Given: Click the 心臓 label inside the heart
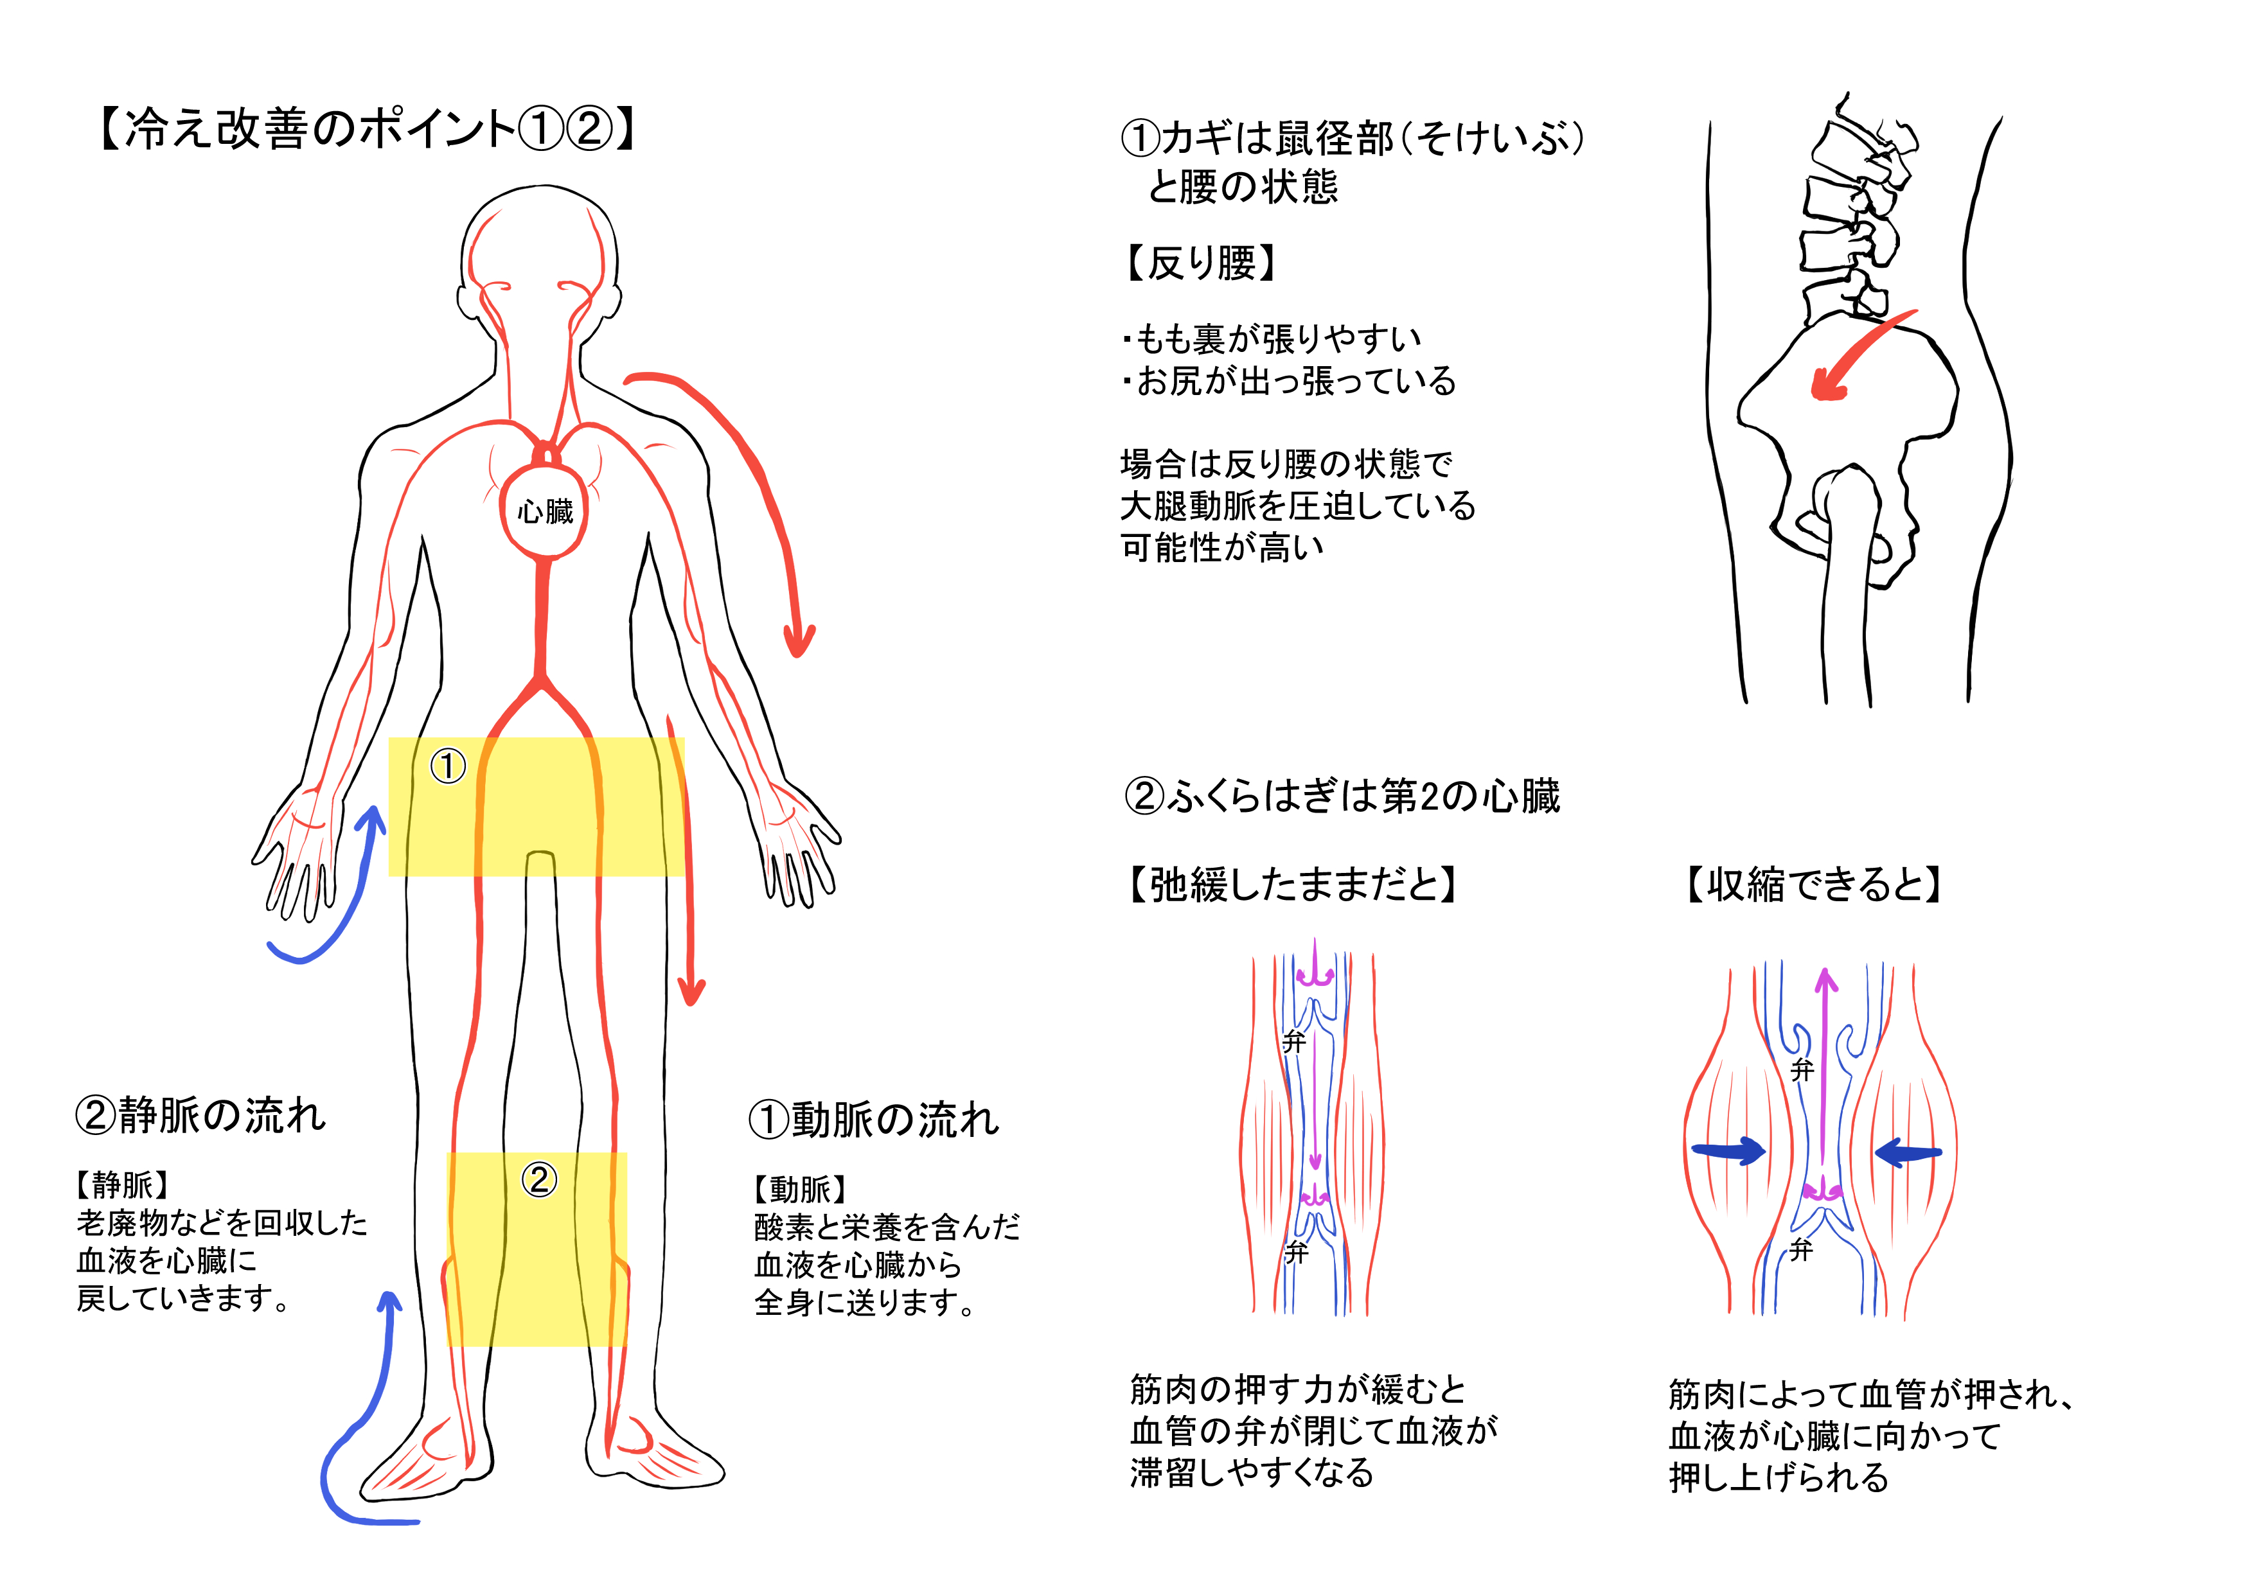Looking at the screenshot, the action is (x=546, y=511).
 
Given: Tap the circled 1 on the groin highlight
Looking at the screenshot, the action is (x=448, y=766).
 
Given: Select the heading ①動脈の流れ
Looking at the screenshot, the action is (x=874, y=1119).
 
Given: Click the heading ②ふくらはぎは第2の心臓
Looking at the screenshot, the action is (x=1342, y=795).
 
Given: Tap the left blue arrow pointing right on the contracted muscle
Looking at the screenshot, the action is (x=1729, y=1150).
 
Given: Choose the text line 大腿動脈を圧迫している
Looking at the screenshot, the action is (x=1298, y=506).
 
